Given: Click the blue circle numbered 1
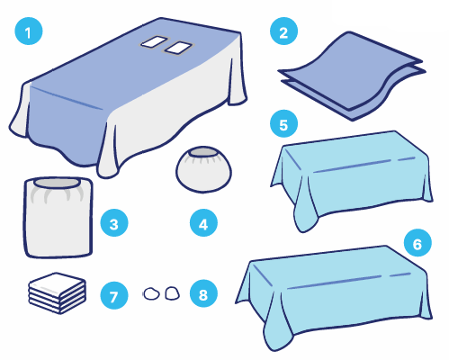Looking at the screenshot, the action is pos(29,31).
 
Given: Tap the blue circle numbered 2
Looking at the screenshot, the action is pos(283,31).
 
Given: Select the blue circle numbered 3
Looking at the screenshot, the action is pos(114,223).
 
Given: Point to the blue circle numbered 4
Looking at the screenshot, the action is pos(203,223).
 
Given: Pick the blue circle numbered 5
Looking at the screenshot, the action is pos(283,124).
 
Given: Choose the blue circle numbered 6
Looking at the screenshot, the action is pos(418,243).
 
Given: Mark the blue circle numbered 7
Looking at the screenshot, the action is pos(114,295).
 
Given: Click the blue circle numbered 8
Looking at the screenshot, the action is pos(203,293).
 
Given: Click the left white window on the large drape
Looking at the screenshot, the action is pos(154,41).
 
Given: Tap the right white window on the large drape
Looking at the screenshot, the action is pos(178,48).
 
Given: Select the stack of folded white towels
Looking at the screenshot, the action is pos(58,293).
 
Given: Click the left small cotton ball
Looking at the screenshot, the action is pos(151,293).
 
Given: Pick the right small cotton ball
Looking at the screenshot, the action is pos(173,292).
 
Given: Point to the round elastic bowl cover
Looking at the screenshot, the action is pos(203,169).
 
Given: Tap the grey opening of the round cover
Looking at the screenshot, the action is pos(203,152).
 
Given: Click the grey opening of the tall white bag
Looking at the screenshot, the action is pos(58,183).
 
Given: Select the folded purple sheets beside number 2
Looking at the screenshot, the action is pos(352,76).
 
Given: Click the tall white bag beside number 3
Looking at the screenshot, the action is pos(58,217).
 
